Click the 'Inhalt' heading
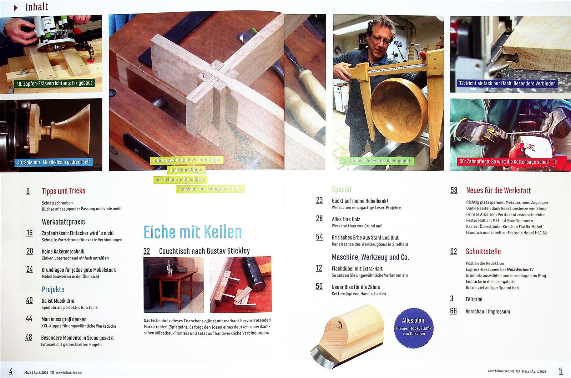[37, 7]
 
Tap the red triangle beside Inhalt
[16, 7]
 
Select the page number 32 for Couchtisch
[147, 251]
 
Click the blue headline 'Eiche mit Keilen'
[192, 232]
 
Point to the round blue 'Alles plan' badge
[414, 328]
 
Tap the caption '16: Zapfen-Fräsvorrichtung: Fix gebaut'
[54, 84]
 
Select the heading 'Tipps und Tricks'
[64, 191]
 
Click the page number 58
[454, 190]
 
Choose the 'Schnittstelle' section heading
[483, 252]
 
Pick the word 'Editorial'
[474, 299]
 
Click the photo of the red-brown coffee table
[173, 285]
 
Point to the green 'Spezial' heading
[341, 190]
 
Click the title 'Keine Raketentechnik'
[63, 251]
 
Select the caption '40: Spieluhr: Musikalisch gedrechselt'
[54, 162]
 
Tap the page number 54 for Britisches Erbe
[319, 237]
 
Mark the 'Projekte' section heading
[53, 289]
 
